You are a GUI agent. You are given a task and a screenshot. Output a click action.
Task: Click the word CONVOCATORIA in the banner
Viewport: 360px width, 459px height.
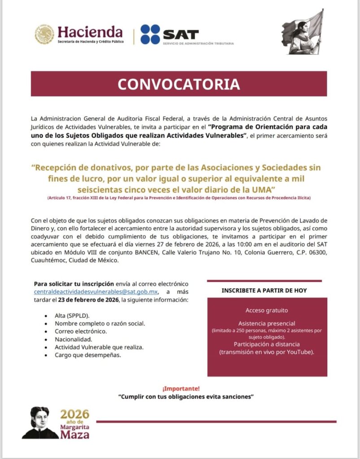pos(178,84)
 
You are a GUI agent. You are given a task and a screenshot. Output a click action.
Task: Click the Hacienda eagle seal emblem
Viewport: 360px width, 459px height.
pos(44,35)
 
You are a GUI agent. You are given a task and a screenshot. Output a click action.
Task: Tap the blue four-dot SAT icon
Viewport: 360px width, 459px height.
pos(150,35)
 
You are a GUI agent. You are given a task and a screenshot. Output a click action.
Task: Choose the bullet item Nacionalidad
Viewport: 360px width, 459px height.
pos(74,339)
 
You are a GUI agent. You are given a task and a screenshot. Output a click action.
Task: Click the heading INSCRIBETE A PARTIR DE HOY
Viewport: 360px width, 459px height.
pos(264,290)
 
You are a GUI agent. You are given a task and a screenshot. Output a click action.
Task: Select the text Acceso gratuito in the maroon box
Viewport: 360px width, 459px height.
pos(267,310)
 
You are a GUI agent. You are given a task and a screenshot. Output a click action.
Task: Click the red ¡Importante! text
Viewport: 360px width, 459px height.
pos(181,388)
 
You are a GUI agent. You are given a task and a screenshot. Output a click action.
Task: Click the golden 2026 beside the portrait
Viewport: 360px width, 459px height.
pos(75,414)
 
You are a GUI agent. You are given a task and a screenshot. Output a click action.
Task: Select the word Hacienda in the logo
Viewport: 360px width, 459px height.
pos(90,31)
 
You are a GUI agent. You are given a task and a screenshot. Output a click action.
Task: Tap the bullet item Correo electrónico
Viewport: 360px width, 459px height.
pos(81,331)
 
